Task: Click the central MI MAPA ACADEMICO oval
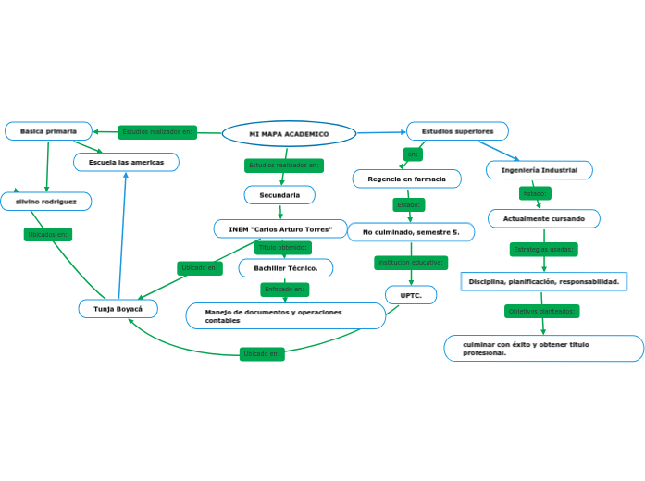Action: coord(289,134)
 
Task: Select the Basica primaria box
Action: coord(48,131)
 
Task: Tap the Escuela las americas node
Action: coord(126,162)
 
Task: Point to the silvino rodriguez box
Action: coord(45,200)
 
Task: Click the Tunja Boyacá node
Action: coord(118,308)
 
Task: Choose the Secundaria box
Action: coord(279,195)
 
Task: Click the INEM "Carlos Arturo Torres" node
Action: coord(280,228)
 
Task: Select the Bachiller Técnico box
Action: coord(285,267)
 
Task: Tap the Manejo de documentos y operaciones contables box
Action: coord(285,315)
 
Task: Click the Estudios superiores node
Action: coord(457,131)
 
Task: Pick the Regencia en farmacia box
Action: coord(406,179)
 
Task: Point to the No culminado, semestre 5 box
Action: coord(411,231)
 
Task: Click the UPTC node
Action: coord(411,295)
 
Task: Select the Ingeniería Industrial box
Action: coord(540,170)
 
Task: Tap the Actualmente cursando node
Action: coord(543,218)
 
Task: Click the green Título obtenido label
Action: coord(283,248)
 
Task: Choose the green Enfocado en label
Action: coord(285,290)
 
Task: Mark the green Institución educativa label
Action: coord(411,263)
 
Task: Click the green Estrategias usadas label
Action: coord(544,249)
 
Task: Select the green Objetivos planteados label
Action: coord(542,311)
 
